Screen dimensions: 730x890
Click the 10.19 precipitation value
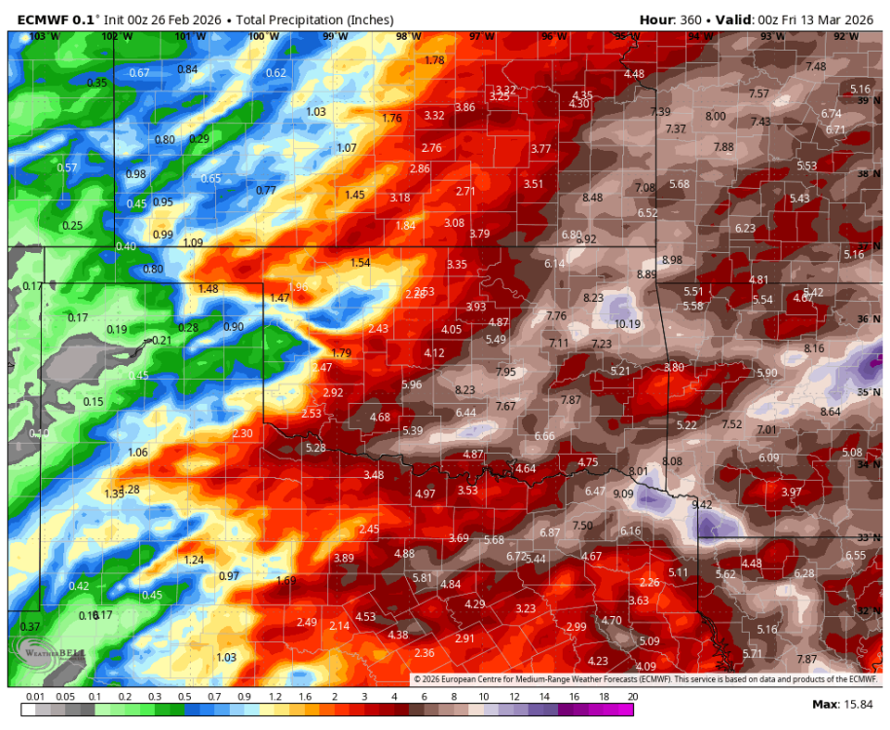[627, 324]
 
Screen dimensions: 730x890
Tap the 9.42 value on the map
[702, 504]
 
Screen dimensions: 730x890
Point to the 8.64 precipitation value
[831, 412]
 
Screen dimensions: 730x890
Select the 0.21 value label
[162, 340]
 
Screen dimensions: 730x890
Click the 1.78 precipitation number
[435, 60]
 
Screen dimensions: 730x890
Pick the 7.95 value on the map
[506, 372]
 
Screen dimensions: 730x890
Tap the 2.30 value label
[242, 433]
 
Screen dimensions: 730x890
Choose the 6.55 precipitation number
[855, 555]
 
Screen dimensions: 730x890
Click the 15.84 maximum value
[858, 704]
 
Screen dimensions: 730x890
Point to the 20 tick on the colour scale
[633, 698]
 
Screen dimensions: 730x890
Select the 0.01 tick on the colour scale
[36, 698]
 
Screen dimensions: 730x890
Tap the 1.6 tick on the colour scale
[305, 698]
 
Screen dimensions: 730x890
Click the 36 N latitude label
[868, 319]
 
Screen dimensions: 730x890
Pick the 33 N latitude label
[868, 537]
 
